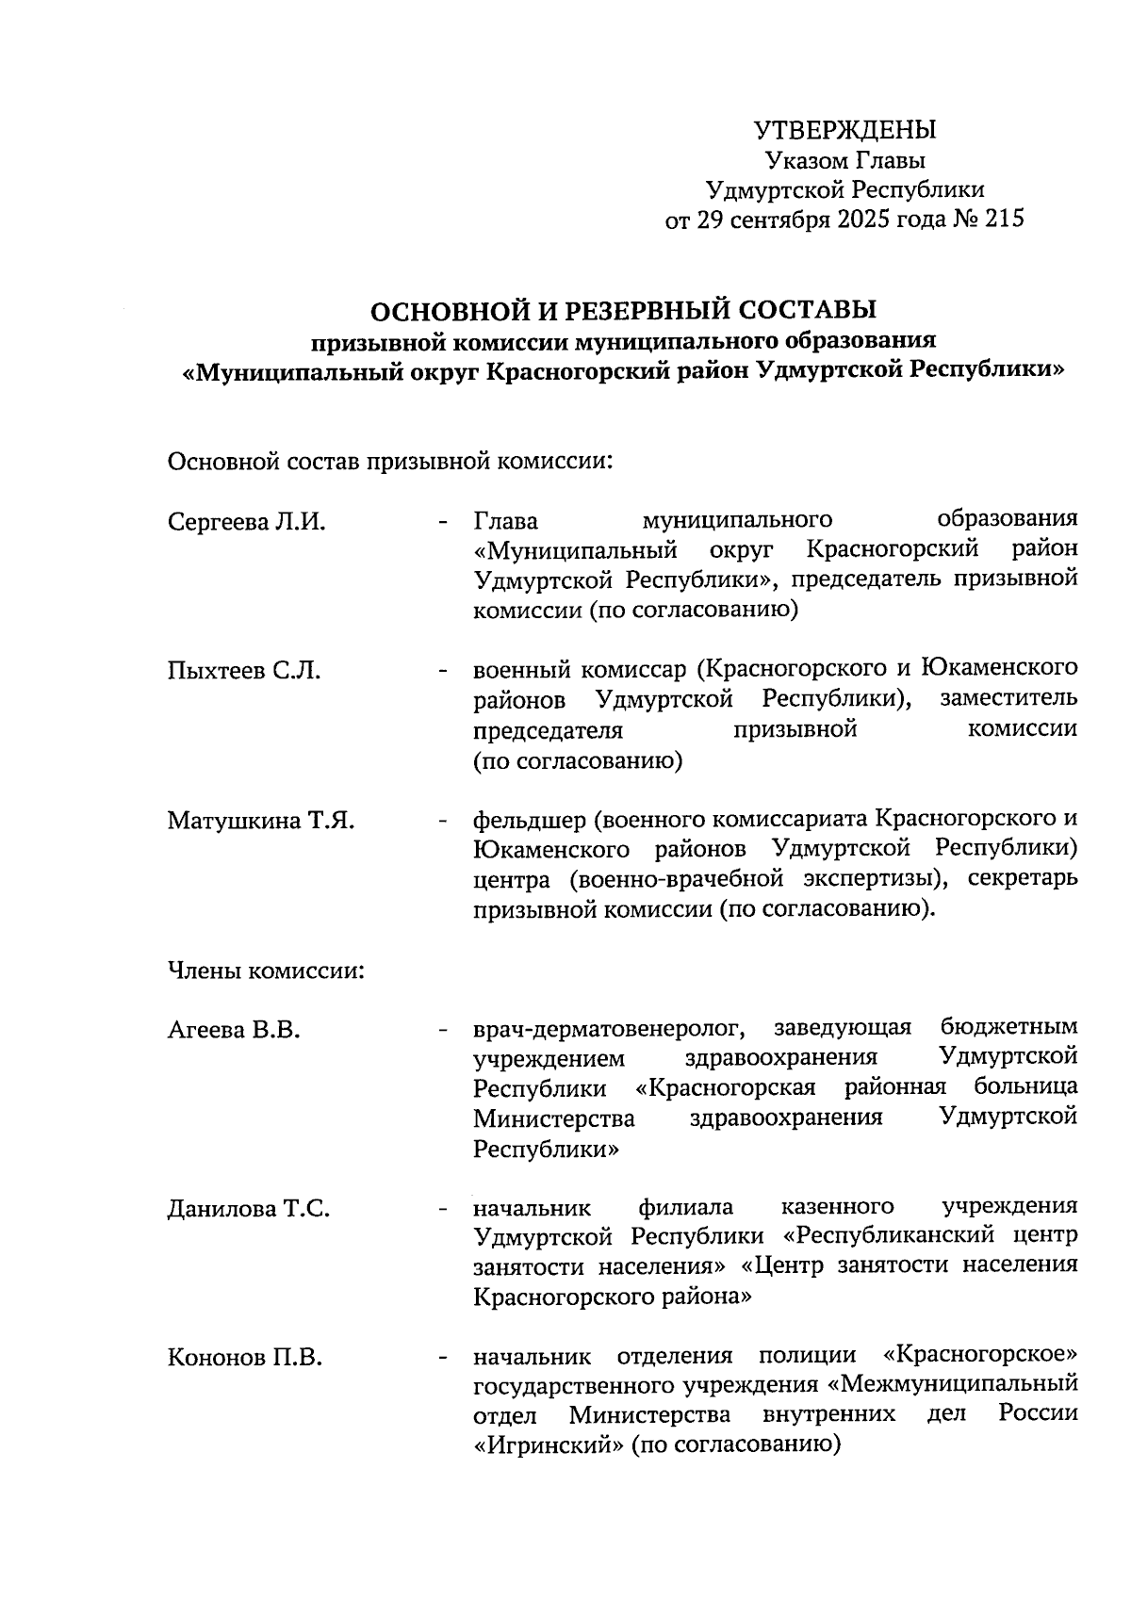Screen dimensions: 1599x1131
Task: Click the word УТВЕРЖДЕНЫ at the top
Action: (x=845, y=128)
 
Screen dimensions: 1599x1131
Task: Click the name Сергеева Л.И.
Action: (x=247, y=522)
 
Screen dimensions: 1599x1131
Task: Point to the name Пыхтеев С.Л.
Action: (x=244, y=671)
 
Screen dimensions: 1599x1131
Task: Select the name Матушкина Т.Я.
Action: (x=261, y=821)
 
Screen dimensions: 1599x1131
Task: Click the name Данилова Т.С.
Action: (x=249, y=1209)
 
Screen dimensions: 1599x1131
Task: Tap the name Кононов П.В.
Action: (x=245, y=1358)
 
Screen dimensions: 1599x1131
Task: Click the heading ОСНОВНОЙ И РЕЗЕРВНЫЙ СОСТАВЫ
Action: (x=622, y=309)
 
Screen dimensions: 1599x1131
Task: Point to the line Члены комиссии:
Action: (x=266, y=970)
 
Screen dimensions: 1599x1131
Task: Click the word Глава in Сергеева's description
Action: (x=506, y=520)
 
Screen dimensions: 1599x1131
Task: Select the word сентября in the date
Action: (x=779, y=220)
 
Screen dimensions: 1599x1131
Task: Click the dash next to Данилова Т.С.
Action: (x=441, y=1209)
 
